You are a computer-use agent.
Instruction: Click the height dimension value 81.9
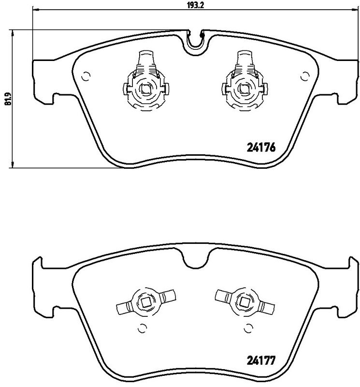point(7,100)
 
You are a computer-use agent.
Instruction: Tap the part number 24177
point(261,360)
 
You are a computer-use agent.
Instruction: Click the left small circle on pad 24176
point(86,75)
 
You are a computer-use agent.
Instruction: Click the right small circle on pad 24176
point(304,75)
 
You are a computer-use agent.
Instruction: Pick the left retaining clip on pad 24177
point(145,303)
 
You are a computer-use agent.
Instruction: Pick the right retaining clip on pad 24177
point(245,303)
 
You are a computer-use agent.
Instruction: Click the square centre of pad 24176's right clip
point(245,89)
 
